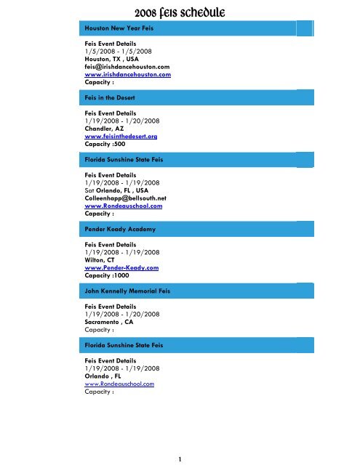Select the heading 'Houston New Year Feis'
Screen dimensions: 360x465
[120, 29]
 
